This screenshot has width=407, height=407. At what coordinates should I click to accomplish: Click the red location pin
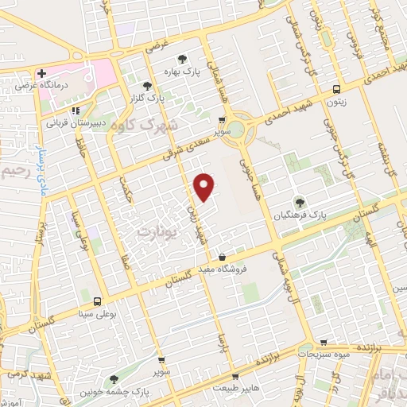[205, 186]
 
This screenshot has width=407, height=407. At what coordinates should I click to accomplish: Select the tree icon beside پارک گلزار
[146, 86]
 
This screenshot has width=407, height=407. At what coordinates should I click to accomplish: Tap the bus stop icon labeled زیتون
[337, 90]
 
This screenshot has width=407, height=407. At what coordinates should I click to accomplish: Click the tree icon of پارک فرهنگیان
[300, 202]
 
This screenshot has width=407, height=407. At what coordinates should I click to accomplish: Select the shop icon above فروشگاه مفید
[222, 258]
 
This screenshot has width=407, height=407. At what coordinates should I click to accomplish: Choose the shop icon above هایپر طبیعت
[234, 376]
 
